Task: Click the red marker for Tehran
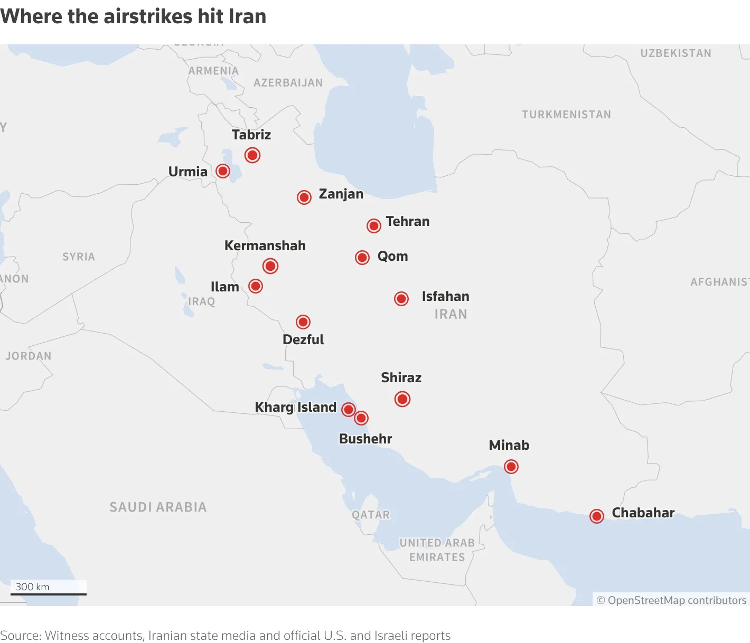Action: click(374, 226)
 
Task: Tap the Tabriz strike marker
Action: click(252, 155)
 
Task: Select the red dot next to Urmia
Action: click(223, 171)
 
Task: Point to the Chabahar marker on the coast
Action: click(597, 516)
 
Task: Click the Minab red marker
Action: click(511, 467)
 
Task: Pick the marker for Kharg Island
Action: click(349, 410)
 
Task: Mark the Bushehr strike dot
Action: click(361, 418)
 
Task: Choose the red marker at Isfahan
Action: click(401, 299)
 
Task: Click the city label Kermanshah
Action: click(265, 245)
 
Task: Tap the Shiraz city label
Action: click(401, 377)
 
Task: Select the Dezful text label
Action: click(303, 339)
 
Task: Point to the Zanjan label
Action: click(341, 194)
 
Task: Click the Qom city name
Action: click(392, 257)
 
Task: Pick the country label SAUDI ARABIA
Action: click(158, 507)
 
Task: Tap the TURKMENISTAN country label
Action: click(566, 115)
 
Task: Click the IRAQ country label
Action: click(202, 301)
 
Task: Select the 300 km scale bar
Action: click(49, 593)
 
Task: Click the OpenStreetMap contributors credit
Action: click(671, 600)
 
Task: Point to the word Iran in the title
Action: click(247, 16)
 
